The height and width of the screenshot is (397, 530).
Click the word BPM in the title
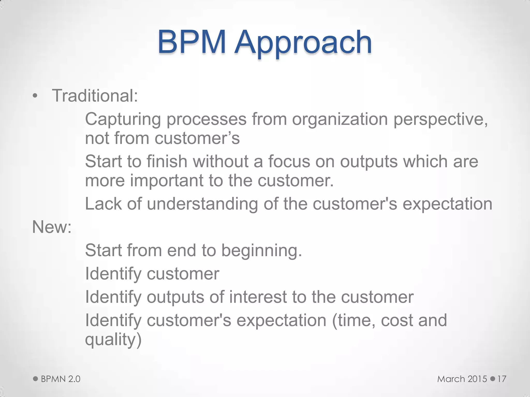(x=192, y=42)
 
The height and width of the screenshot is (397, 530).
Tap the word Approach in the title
(x=303, y=43)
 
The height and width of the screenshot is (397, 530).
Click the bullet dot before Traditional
(x=35, y=96)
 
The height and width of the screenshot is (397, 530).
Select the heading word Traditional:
(x=95, y=96)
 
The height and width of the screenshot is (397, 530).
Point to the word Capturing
(x=123, y=120)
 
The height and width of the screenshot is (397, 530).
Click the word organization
(x=340, y=120)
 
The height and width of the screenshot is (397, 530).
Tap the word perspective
(x=441, y=120)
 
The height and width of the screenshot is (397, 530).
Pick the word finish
(x=167, y=162)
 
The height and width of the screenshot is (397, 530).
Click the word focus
(x=289, y=162)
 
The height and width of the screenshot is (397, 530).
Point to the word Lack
(x=103, y=204)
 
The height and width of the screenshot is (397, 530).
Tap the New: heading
(x=52, y=227)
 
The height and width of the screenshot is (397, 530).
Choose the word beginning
(x=262, y=251)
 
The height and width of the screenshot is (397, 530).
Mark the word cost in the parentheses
(x=397, y=320)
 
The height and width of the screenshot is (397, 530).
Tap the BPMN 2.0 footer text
(x=61, y=379)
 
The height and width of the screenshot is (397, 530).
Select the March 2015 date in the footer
(x=462, y=379)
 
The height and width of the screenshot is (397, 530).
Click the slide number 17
(x=502, y=379)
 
